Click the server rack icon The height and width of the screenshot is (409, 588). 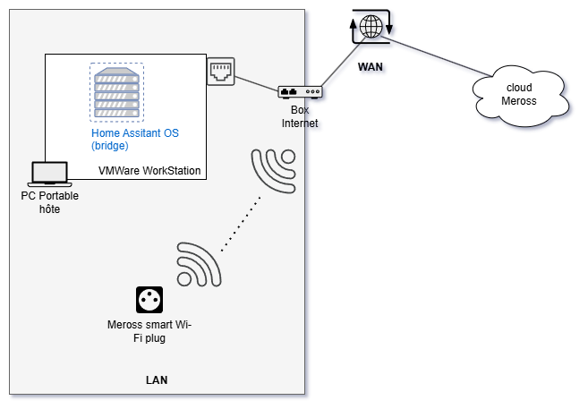pyautogui.click(x=115, y=92)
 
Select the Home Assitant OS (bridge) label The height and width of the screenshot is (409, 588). pyautogui.click(x=135, y=139)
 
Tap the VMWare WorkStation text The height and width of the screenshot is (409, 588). pyautogui.click(x=149, y=171)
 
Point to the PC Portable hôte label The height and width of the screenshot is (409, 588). pyautogui.click(x=48, y=201)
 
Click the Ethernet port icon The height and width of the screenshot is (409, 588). pyautogui.click(x=220, y=71)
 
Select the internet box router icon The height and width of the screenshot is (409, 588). pyautogui.click(x=300, y=92)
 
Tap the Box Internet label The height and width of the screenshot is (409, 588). pyautogui.click(x=300, y=116)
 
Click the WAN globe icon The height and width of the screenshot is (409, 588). pyautogui.click(x=371, y=27)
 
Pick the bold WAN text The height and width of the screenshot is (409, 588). pyautogui.click(x=371, y=66)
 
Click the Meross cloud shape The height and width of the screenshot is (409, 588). pyautogui.click(x=519, y=94)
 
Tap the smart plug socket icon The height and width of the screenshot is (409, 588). pyautogui.click(x=149, y=299)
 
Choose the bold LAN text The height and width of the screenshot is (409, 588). pyautogui.click(x=157, y=380)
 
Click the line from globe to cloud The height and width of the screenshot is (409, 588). pyautogui.click(x=439, y=56)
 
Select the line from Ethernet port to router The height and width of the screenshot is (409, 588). pyautogui.click(x=257, y=83)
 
